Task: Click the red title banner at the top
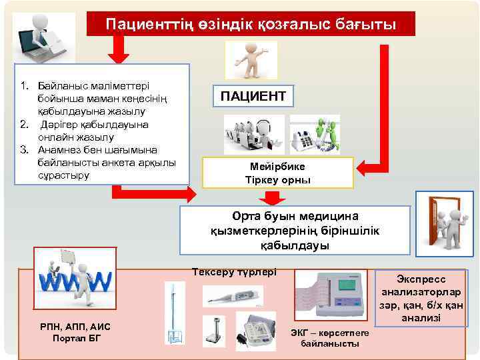click(251, 24)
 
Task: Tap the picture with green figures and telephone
click(315, 135)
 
